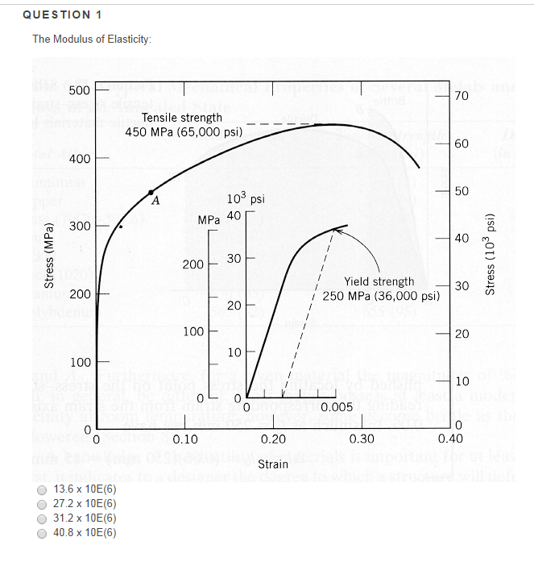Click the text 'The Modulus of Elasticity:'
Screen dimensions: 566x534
coord(91,40)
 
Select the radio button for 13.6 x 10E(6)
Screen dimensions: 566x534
coord(41,489)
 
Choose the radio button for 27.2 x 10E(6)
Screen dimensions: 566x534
coord(41,503)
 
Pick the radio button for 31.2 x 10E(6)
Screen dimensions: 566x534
coord(41,518)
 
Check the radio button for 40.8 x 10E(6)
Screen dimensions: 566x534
coord(41,532)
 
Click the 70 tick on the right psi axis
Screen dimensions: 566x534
coord(461,96)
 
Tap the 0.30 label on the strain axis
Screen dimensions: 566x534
coord(362,439)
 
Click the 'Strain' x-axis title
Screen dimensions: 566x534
coord(273,464)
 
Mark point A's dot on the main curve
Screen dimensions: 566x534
coord(151,192)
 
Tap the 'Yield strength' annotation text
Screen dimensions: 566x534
coord(379,281)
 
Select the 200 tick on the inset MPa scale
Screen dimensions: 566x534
coord(193,264)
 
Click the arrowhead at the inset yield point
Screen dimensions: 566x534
coord(337,231)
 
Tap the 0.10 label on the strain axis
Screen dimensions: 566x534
coord(185,439)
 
